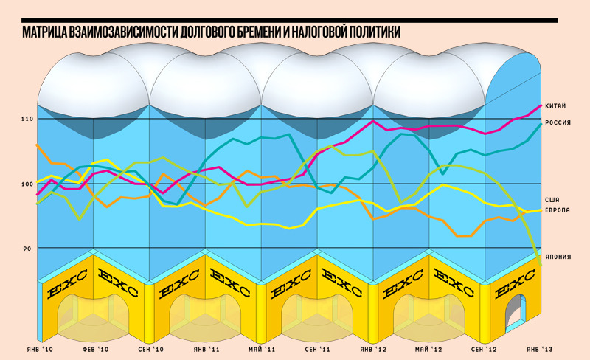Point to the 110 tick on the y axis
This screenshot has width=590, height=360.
pyautogui.click(x=27, y=119)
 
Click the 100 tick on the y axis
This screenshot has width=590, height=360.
pyautogui.click(x=27, y=184)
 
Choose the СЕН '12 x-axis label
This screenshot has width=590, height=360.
pyautogui.click(x=485, y=347)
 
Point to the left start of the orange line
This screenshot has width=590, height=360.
pyautogui.click(x=37, y=145)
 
